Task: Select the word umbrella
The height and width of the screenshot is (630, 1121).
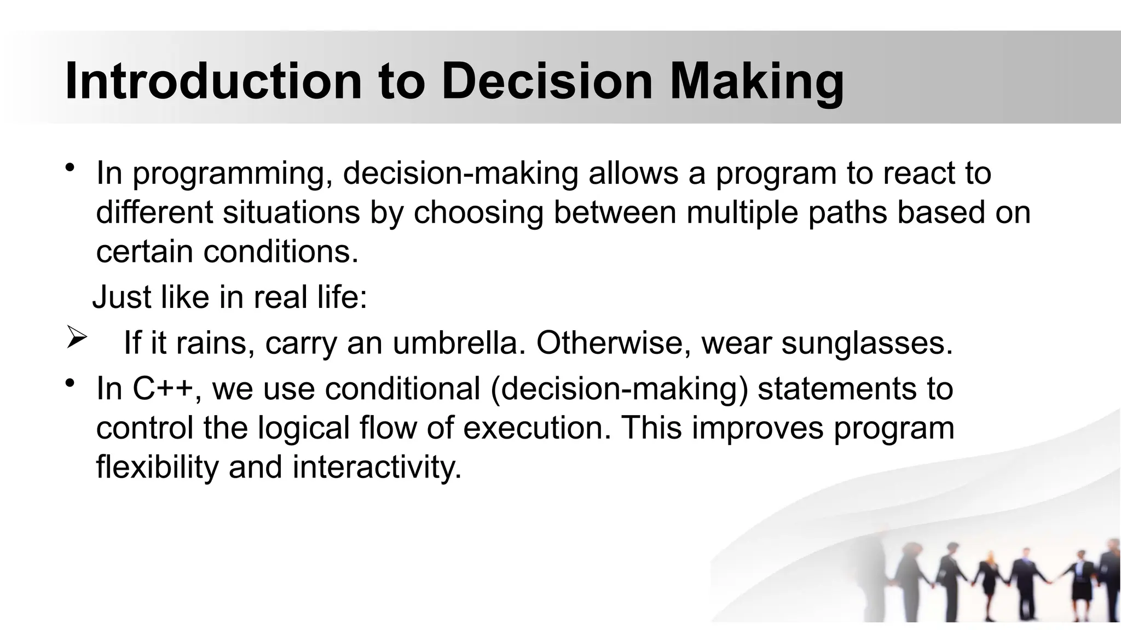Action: [x=455, y=343]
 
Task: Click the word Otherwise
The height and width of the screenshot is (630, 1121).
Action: [x=614, y=343]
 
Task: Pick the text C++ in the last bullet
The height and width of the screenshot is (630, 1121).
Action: [x=163, y=389]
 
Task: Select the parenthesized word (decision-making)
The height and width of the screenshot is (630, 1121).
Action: [x=619, y=390]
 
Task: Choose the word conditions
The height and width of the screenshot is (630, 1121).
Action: [x=280, y=252]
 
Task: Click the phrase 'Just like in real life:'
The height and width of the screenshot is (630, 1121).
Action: [x=230, y=298]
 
